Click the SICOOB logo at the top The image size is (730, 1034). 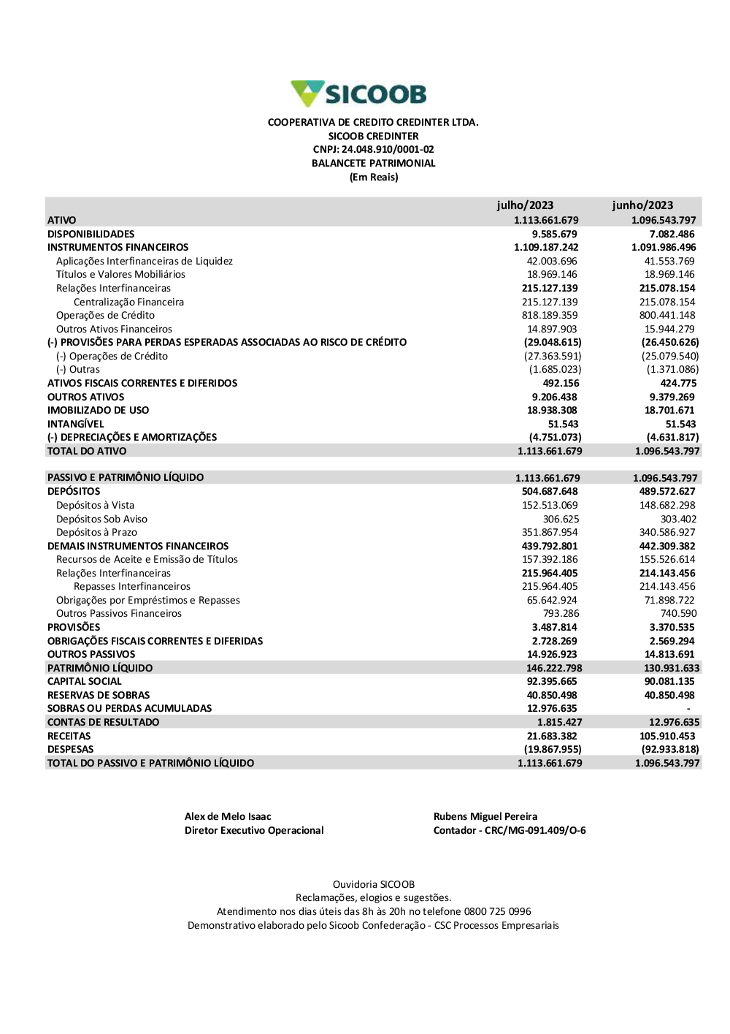point(358,94)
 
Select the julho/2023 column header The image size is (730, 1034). point(525,205)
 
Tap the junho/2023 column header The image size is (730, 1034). point(642,205)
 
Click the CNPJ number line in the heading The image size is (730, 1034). point(373,150)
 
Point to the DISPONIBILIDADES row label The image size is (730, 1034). point(91,234)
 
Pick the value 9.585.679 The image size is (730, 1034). point(554,234)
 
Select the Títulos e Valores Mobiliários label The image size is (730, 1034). point(120,275)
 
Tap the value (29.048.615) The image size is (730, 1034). point(553,342)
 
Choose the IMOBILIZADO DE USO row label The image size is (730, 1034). point(98,410)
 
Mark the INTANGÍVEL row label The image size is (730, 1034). point(76,424)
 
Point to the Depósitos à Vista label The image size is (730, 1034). point(95,505)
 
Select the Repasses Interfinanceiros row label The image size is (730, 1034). point(132,586)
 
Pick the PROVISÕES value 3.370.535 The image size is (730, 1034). point(672,627)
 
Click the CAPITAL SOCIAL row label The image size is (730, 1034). point(85,681)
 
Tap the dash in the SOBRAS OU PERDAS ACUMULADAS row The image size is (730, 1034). point(688,709)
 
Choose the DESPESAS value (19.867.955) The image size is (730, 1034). point(553,749)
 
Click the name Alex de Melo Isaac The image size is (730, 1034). point(228,816)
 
